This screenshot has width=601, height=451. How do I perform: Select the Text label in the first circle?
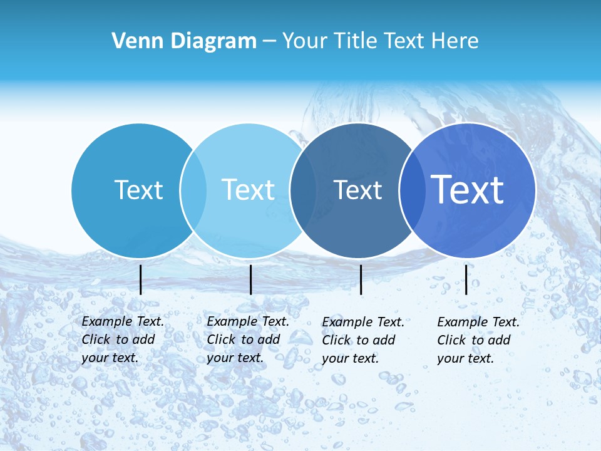click(138, 190)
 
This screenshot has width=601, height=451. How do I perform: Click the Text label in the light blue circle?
click(248, 190)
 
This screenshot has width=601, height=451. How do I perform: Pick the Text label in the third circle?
click(357, 190)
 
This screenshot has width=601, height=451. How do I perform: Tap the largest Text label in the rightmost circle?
click(467, 189)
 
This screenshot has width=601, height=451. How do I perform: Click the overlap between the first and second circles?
click(193, 190)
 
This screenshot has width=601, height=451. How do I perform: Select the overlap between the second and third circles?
click(303, 190)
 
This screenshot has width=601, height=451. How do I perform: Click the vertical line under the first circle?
click(140, 279)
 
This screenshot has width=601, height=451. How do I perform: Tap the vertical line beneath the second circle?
click(250, 279)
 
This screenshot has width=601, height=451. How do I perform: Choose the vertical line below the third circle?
click(361, 279)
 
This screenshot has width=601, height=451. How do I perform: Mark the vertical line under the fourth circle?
click(466, 279)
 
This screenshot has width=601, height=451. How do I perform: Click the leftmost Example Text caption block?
click(123, 340)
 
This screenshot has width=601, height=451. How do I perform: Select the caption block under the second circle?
click(248, 340)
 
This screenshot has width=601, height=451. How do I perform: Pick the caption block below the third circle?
click(363, 340)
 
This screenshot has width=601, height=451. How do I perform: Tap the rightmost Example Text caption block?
click(478, 340)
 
